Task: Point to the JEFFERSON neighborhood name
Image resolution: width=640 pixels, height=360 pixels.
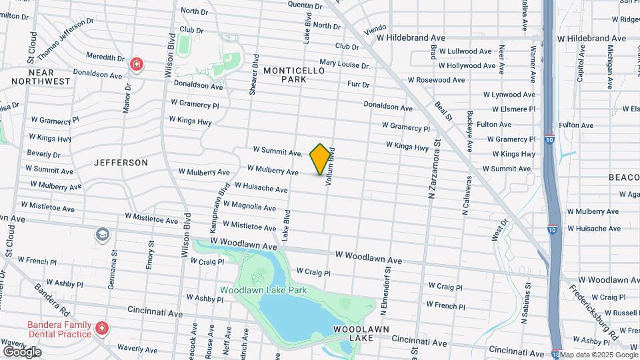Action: pyautogui.click(x=121, y=163)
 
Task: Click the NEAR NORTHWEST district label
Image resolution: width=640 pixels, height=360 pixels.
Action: pyautogui.click(x=40, y=76)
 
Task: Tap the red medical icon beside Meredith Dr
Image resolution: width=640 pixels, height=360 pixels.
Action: pyautogui.click(x=137, y=65)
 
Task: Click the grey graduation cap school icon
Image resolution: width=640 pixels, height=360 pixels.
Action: pyautogui.click(x=102, y=234)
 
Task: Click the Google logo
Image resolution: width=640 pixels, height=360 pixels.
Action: pyautogui.click(x=22, y=351)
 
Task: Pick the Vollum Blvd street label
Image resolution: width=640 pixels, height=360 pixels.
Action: pyautogui.click(x=329, y=167)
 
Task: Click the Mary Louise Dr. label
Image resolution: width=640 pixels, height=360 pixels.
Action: pyautogui.click(x=344, y=65)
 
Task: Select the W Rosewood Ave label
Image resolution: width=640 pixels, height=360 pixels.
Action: pyautogui.click(x=436, y=80)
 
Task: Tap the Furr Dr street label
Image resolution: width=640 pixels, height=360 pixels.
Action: pyautogui.click(x=359, y=84)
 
